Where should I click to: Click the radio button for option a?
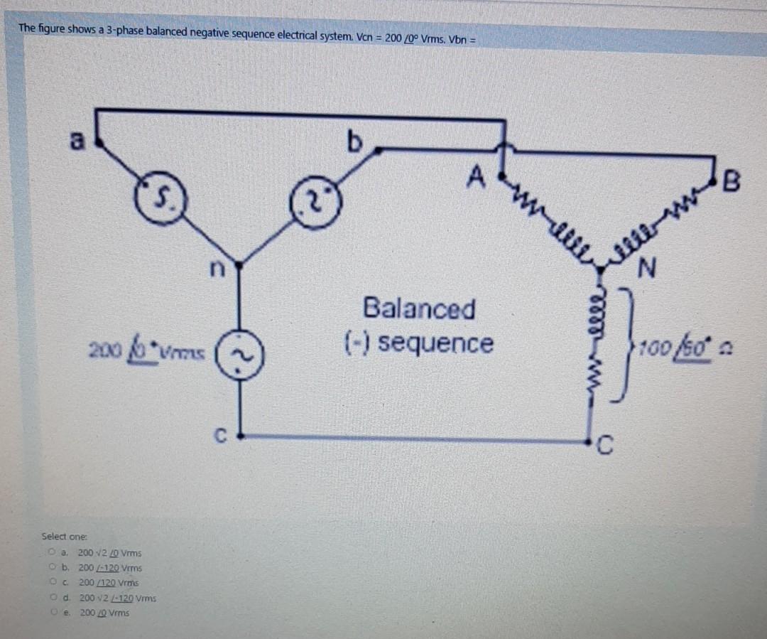(53, 552)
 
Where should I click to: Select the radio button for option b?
(54, 568)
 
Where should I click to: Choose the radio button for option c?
(54, 582)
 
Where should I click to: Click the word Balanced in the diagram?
(419, 309)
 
